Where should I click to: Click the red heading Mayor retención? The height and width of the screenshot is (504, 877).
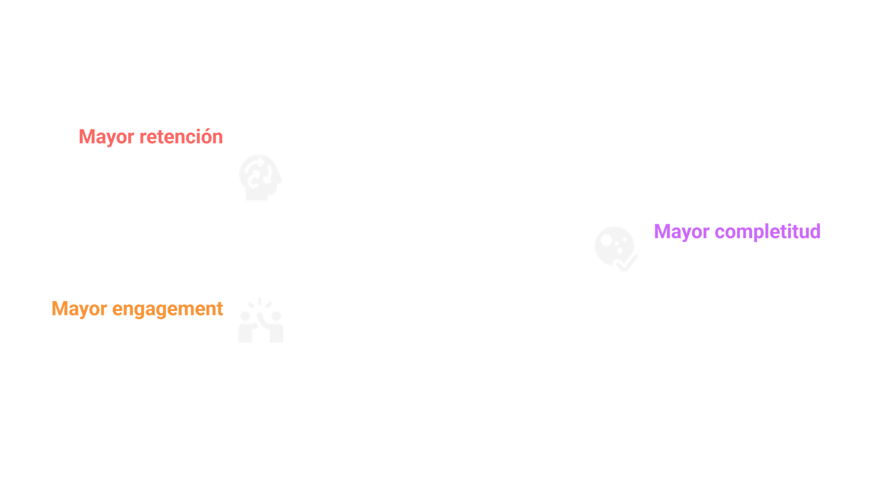coord(151,137)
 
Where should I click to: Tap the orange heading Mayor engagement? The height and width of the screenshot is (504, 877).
coord(137,309)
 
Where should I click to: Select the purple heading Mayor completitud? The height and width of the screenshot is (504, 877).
coord(737,231)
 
